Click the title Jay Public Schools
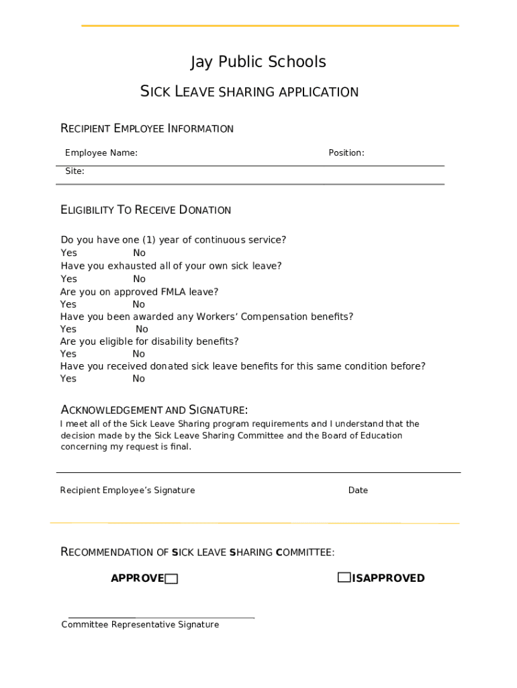(x=258, y=62)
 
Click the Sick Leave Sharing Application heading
(x=249, y=91)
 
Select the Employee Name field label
(x=101, y=153)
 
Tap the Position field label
(x=346, y=153)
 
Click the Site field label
(x=75, y=171)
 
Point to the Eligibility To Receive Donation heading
(x=146, y=210)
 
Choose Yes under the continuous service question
(x=68, y=253)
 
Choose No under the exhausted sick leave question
(x=139, y=279)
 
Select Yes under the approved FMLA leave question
(x=68, y=304)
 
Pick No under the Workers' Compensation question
(x=142, y=329)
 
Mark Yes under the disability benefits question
(x=68, y=354)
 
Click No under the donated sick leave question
(x=138, y=379)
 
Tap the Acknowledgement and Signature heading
(x=154, y=410)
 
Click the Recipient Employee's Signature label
(x=128, y=490)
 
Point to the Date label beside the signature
(x=358, y=490)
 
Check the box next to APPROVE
(x=172, y=579)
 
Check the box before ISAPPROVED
(x=344, y=577)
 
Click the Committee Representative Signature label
(x=140, y=625)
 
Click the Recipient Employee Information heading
(x=147, y=128)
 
